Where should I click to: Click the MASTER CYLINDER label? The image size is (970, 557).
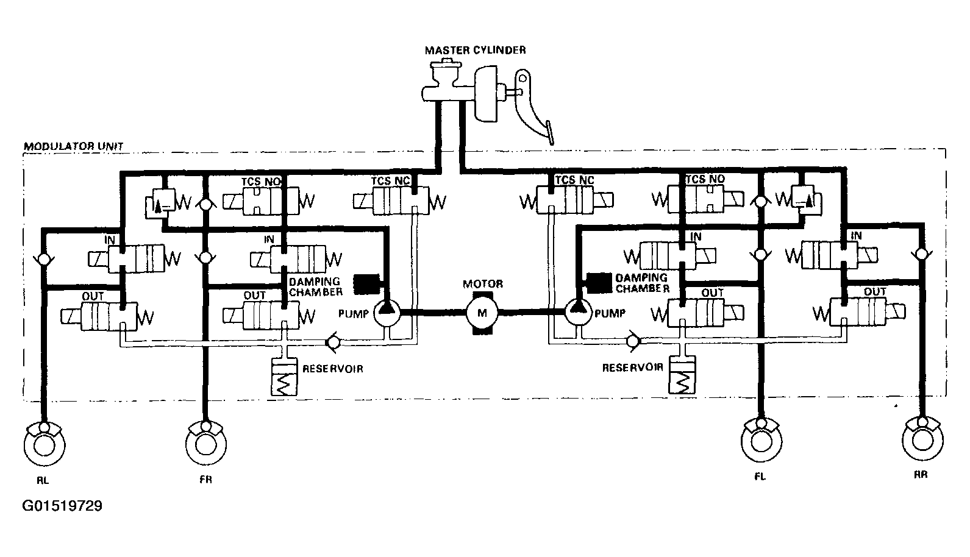tap(475, 50)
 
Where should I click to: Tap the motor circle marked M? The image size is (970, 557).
tap(482, 313)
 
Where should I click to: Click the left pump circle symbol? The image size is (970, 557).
tap(387, 313)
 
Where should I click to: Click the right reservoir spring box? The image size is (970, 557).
tap(682, 376)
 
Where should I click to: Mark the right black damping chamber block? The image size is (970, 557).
tap(599, 281)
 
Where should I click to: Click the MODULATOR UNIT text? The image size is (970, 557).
tap(73, 146)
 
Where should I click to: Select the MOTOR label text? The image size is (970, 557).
tap(483, 284)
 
